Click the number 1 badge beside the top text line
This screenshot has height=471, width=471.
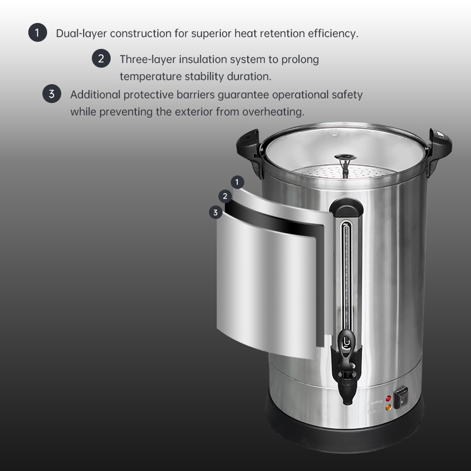[x=37, y=33]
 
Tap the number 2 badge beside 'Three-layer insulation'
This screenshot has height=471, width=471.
[x=101, y=59]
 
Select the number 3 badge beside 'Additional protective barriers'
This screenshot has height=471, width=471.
[x=52, y=94]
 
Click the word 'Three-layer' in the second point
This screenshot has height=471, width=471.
[x=145, y=59]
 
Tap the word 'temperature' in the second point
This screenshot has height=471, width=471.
[x=148, y=77]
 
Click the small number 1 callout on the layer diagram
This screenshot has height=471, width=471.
[x=237, y=182]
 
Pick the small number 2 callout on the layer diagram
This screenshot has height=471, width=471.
[x=225, y=197]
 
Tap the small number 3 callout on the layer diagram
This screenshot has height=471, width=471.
[x=216, y=212]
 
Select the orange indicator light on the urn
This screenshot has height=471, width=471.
[x=387, y=407]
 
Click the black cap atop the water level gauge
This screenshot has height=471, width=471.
[x=346, y=208]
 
